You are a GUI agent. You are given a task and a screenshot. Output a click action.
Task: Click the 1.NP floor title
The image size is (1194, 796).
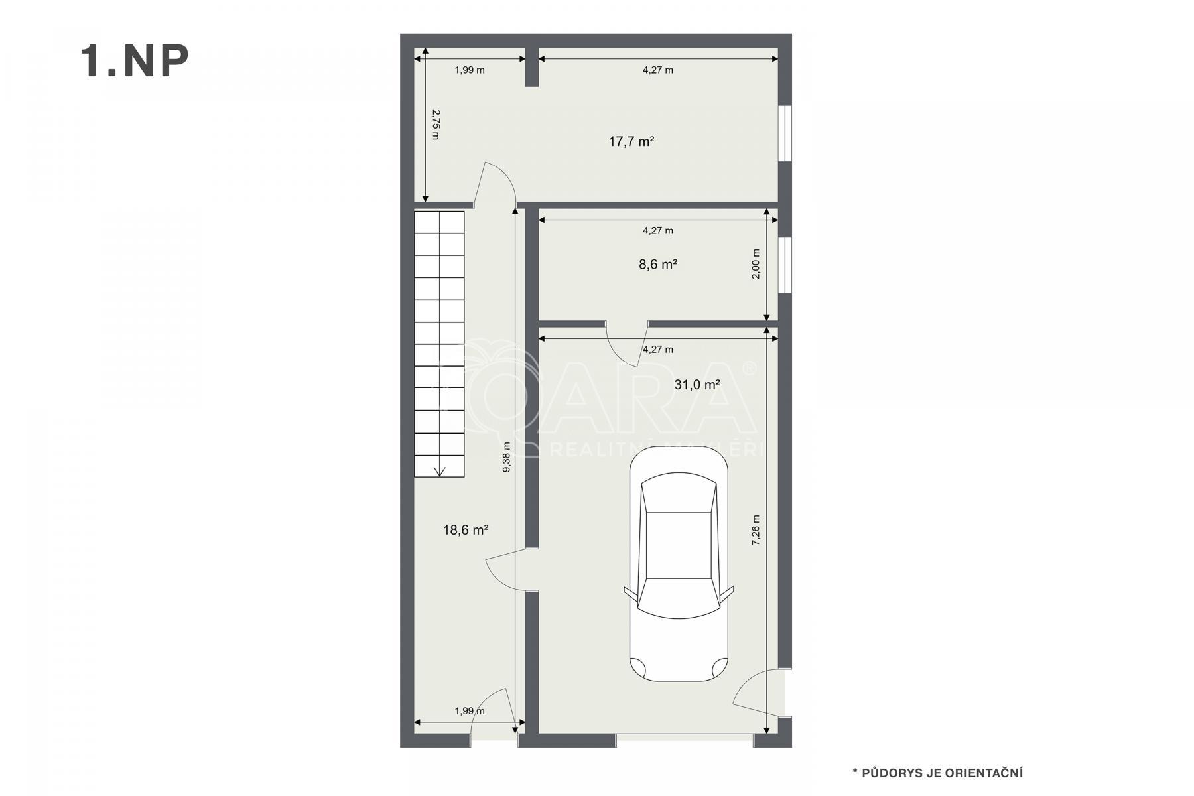[x=135, y=62]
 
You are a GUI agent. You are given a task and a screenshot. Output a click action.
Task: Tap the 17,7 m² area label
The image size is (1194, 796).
[x=631, y=141]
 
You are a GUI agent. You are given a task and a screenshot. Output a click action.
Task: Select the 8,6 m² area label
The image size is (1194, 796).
[x=658, y=264]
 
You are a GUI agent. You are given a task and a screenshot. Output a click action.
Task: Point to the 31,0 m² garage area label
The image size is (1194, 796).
[x=697, y=384]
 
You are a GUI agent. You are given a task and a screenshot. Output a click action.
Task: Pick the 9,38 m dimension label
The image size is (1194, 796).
[x=507, y=457]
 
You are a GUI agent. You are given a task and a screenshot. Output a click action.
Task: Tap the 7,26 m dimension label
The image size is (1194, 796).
[x=756, y=531]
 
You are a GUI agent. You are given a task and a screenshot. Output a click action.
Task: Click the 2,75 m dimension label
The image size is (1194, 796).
[x=436, y=125]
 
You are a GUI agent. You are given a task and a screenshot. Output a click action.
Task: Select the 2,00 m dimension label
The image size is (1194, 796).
[x=756, y=264]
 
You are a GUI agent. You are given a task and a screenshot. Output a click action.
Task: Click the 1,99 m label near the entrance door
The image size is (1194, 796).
[x=470, y=711]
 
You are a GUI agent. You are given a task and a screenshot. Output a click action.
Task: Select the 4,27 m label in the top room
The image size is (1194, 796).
[x=658, y=70]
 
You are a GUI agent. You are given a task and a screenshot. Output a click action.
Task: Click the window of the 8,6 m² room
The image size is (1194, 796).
[x=785, y=265]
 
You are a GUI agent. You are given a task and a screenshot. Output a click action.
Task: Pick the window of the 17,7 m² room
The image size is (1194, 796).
[x=785, y=133]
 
